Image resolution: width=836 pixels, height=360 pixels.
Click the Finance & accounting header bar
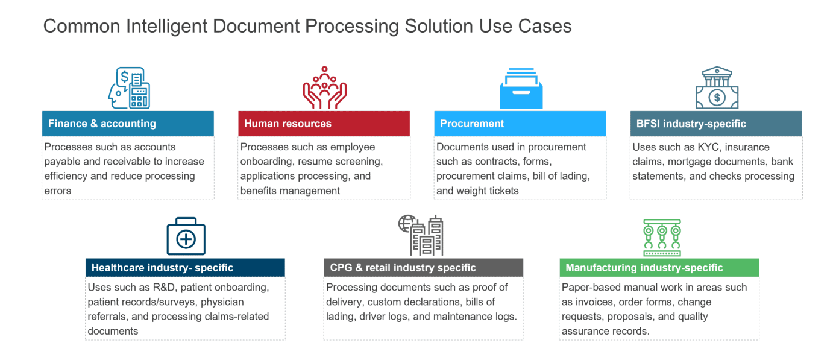(128, 124)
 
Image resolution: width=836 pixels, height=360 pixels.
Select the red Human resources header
(324, 124)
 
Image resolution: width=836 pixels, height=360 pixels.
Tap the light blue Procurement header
(520, 124)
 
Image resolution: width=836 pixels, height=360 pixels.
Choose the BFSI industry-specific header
(716, 124)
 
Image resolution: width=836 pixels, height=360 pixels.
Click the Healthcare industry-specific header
(185, 268)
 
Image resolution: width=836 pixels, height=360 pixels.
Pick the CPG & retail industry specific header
(424, 268)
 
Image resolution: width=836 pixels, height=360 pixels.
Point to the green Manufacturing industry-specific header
(659, 268)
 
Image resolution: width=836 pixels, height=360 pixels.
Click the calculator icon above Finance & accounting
(129, 88)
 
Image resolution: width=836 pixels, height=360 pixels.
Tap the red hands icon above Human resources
(325, 88)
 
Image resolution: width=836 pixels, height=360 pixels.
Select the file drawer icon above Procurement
(521, 89)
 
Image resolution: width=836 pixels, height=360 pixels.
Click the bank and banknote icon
(717, 88)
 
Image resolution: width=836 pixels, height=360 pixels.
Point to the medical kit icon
(186, 236)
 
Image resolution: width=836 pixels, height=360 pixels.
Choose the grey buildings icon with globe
(421, 235)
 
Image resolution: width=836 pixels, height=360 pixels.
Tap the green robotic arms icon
(662, 238)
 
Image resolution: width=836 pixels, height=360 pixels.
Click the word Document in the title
(256, 26)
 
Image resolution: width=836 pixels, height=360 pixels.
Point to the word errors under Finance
(57, 191)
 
